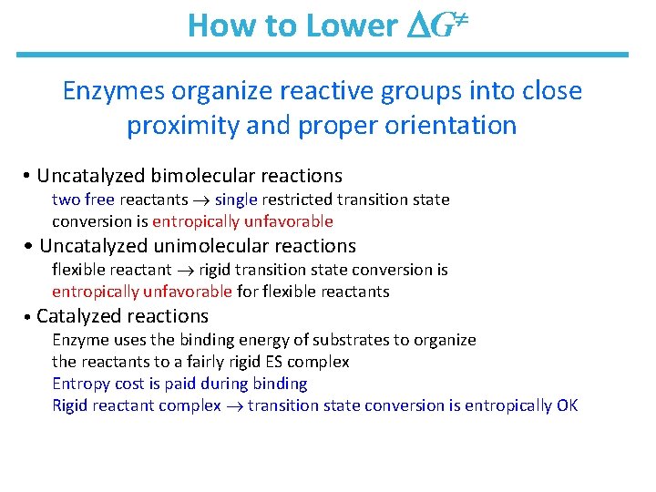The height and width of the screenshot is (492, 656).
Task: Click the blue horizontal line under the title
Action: click(323, 55)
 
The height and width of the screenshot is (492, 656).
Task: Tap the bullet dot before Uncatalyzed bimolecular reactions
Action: click(29, 176)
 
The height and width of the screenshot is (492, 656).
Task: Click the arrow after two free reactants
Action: click(201, 200)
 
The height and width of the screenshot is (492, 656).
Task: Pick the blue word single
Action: click(236, 199)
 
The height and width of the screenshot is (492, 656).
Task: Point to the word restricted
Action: click(296, 199)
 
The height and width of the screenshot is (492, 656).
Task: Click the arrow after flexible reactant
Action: click(185, 270)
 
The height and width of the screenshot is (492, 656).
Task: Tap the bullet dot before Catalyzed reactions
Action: click(29, 317)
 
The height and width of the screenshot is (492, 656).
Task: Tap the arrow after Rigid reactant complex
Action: click(234, 406)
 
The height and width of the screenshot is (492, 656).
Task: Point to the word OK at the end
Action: click(566, 405)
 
